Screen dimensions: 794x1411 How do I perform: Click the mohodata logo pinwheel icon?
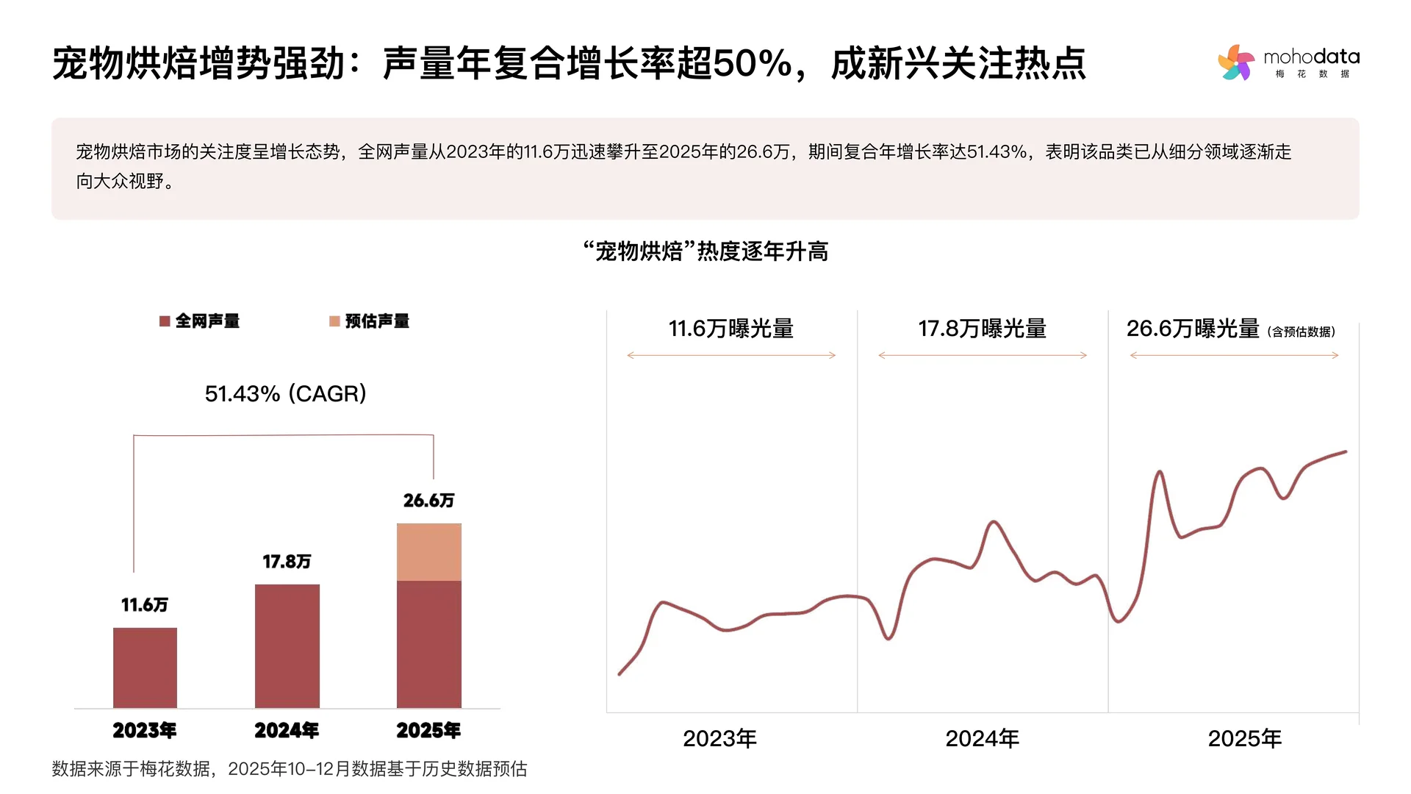coord(1237,62)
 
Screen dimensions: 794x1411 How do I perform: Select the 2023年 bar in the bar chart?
coord(145,668)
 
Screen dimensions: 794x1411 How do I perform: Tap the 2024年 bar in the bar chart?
coord(287,645)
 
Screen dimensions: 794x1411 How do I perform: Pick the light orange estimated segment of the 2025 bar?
coord(429,552)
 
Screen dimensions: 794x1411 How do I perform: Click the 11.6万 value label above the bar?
coord(145,605)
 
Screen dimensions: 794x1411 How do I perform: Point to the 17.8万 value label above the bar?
coord(287,562)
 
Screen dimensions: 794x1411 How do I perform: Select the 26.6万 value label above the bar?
coord(429,501)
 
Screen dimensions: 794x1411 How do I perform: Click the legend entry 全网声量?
coord(199,321)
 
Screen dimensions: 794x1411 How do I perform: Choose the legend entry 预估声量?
coord(370,321)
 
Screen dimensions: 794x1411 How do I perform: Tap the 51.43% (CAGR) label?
coord(285,394)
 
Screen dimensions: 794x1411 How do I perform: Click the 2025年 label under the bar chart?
coord(428,730)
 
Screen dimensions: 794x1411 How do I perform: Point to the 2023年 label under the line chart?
coord(719,738)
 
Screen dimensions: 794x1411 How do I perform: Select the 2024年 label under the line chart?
coord(982,738)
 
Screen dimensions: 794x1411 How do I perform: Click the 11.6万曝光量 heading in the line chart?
coord(731,329)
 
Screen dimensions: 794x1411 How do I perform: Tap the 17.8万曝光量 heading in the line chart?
coord(982,329)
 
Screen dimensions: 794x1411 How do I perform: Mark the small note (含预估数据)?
coord(1301,332)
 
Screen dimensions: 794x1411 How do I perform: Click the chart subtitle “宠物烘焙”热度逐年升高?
coord(705,251)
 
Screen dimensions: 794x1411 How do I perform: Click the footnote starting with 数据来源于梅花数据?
coord(290,769)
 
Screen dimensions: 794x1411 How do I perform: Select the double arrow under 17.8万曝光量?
coord(983,355)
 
